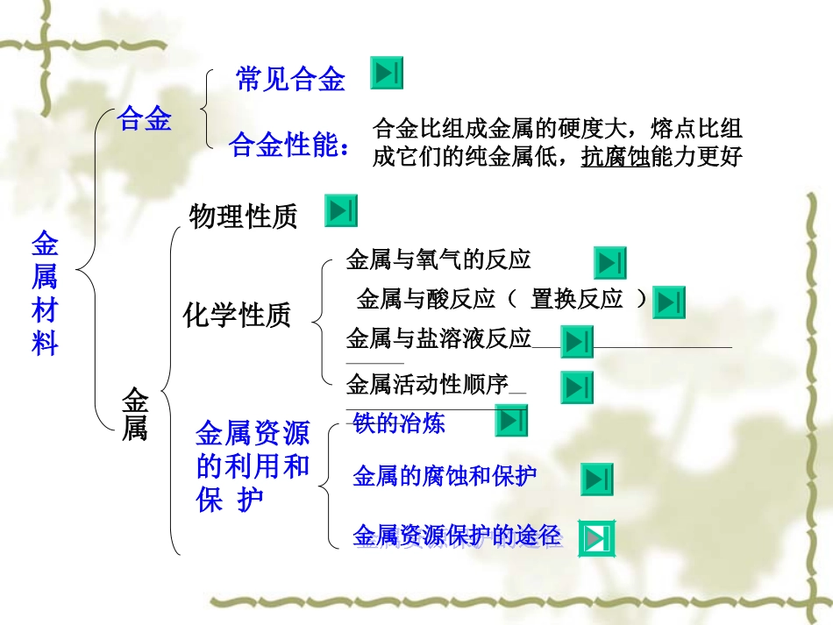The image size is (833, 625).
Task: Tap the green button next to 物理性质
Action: [x=341, y=210]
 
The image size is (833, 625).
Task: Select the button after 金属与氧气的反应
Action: [x=609, y=262]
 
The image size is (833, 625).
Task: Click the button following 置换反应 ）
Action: [x=669, y=302]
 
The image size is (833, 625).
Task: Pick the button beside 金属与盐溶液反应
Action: [x=578, y=342]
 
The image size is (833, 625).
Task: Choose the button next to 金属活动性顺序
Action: [x=577, y=387]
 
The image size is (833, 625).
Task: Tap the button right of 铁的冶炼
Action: [x=511, y=421]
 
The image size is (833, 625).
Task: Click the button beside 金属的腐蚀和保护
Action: [x=597, y=479]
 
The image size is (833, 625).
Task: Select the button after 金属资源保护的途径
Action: [x=598, y=538]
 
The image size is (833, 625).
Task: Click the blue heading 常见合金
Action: [x=291, y=80]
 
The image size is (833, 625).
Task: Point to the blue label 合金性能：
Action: [x=289, y=146]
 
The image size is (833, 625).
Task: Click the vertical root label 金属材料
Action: [x=45, y=293]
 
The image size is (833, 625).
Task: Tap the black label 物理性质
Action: [x=243, y=216]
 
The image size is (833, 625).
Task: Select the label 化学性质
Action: [x=237, y=315]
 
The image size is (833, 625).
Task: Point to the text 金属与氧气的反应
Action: [x=438, y=259]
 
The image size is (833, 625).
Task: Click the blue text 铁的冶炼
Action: [x=399, y=423]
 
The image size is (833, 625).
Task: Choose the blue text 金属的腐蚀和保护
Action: [x=445, y=476]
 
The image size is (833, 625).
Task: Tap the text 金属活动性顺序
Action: [x=428, y=384]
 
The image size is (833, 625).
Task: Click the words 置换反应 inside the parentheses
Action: [x=577, y=300]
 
